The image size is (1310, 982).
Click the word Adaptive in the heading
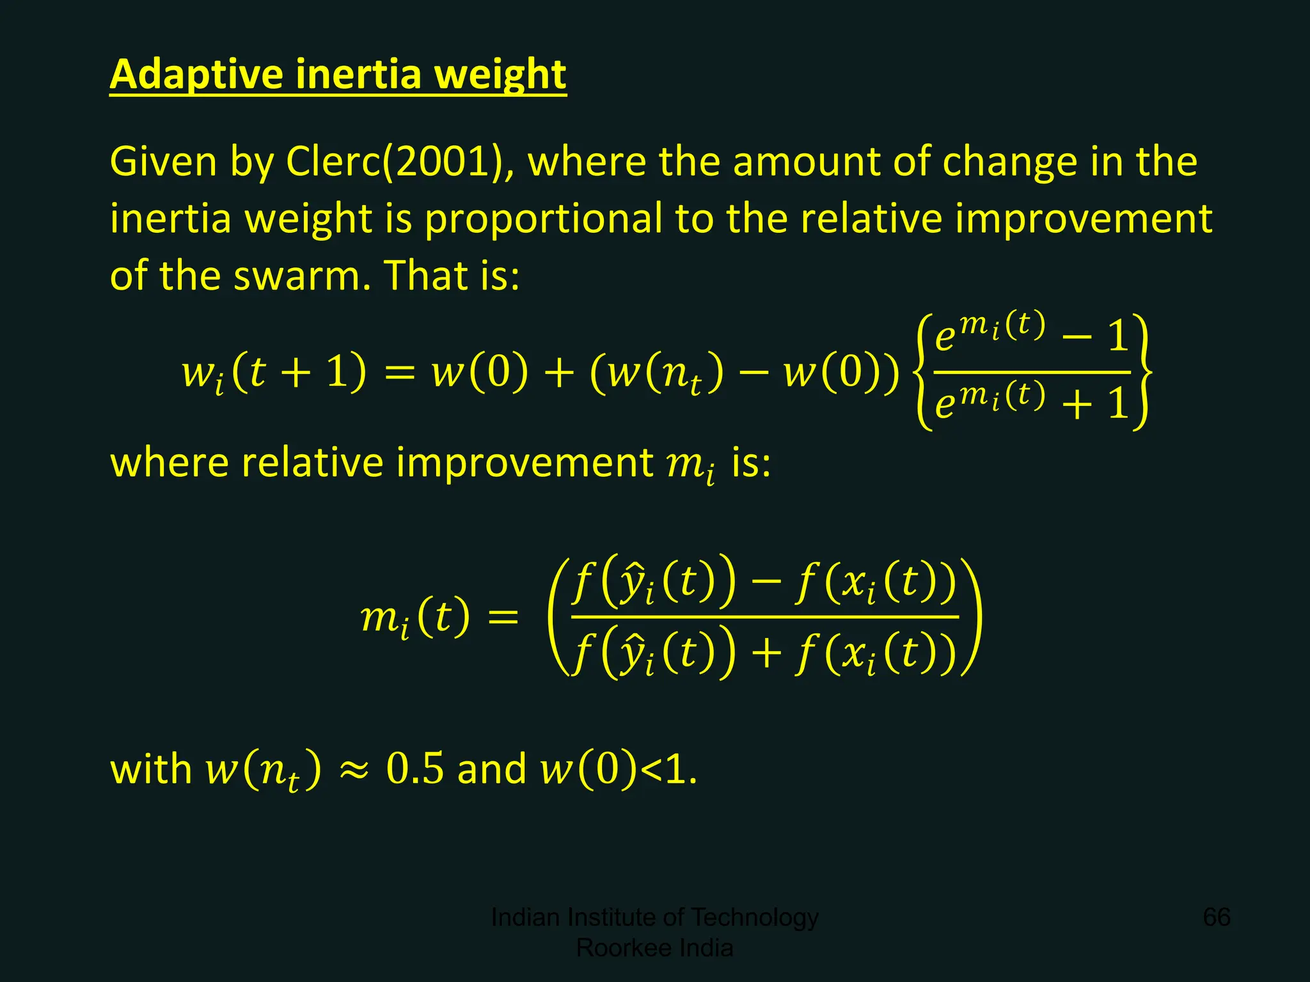(x=196, y=75)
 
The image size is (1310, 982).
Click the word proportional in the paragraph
(x=544, y=219)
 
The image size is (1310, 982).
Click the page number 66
(x=1217, y=917)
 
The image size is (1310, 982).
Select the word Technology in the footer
(x=755, y=917)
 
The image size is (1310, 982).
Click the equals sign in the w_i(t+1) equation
(x=400, y=373)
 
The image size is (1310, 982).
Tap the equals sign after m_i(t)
(x=503, y=618)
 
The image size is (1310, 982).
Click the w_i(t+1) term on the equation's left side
(x=274, y=373)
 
